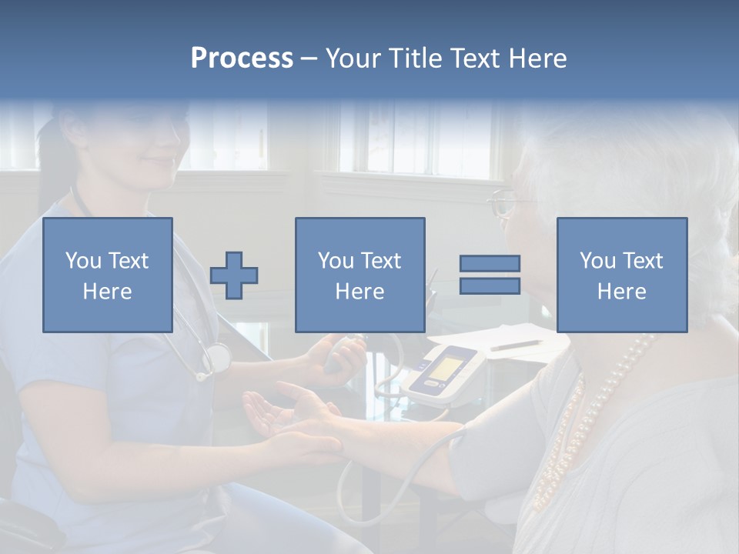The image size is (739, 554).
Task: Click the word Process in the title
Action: click(242, 58)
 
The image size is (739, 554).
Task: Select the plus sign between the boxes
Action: click(234, 275)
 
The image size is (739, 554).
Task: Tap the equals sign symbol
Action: click(490, 275)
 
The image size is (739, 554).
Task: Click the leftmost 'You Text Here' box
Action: click(108, 275)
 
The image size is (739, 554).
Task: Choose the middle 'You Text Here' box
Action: click(359, 275)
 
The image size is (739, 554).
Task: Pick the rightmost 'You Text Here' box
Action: click(621, 275)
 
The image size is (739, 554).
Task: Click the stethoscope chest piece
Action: click(218, 357)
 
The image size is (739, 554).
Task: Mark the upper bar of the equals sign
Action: click(490, 263)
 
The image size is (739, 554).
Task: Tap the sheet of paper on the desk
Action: click(500, 339)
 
